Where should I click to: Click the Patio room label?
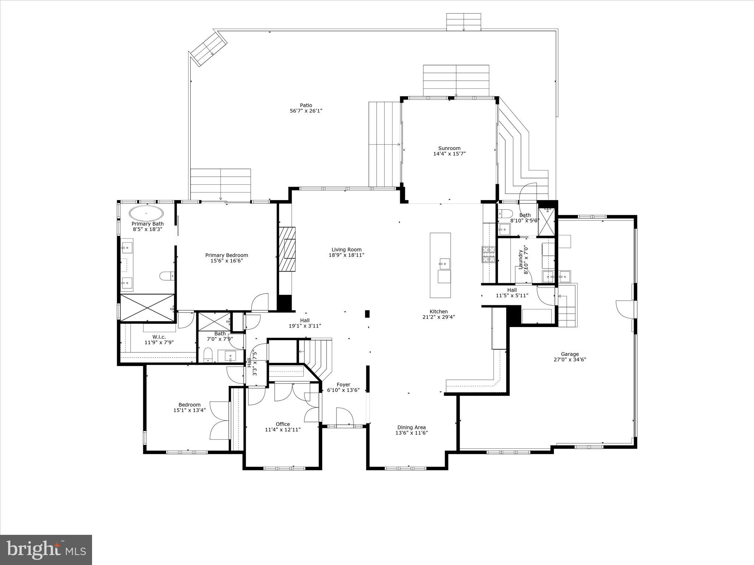306,105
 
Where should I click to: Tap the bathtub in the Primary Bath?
146,213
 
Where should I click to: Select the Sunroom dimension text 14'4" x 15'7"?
449,154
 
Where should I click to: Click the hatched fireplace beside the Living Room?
287,249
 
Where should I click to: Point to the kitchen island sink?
444,263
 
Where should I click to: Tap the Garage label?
570,354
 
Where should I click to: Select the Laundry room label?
521,259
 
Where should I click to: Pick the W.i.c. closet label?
159,337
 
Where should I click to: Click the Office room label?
283,424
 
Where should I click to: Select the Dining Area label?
411,427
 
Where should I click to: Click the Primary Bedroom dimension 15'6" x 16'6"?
226,261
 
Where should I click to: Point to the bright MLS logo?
46,550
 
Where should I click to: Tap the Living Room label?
346,249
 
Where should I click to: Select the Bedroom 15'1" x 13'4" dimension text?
190,410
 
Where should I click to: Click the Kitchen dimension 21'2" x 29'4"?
438,317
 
